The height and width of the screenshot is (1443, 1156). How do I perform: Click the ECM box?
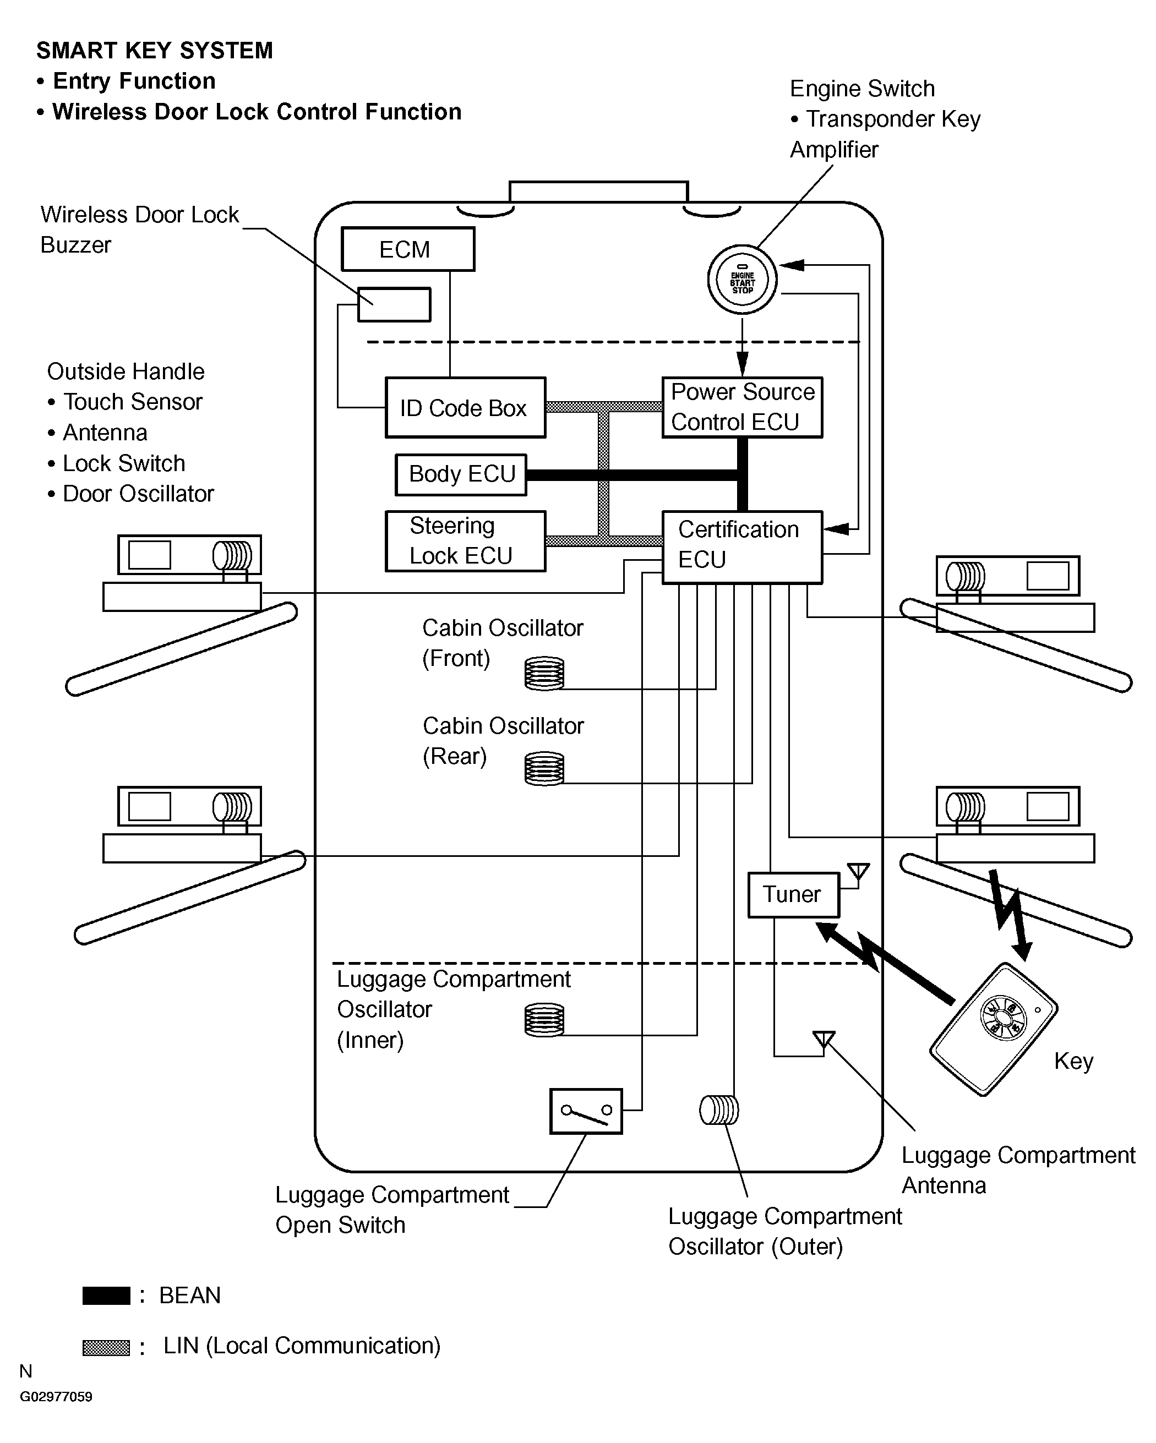[x=408, y=249]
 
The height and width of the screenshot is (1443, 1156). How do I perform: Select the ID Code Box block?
[x=465, y=408]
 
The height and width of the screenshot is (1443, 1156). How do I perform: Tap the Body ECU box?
[x=461, y=474]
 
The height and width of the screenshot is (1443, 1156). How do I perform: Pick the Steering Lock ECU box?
[x=465, y=541]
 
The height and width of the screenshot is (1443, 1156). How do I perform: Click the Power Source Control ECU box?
[x=741, y=407]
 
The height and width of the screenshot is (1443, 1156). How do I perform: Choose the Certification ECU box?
[x=741, y=547]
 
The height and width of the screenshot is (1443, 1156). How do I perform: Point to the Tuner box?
[x=793, y=894]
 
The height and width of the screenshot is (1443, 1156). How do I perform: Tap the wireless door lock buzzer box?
[x=394, y=304]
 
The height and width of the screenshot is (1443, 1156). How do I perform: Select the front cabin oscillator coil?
[x=544, y=673]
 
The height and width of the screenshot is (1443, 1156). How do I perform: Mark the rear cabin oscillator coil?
[x=544, y=768]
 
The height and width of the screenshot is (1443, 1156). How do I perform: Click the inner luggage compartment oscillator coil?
[x=544, y=1019]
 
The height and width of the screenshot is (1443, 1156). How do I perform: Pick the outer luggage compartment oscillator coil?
[x=719, y=1111]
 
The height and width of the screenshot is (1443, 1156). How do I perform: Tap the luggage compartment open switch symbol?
[x=586, y=1111]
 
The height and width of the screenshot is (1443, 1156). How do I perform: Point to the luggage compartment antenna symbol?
[x=824, y=1040]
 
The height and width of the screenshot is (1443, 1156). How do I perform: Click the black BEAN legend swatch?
[x=106, y=1295]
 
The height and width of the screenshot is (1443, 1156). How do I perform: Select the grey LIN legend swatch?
[x=106, y=1347]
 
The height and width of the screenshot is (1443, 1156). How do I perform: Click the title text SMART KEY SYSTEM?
[x=155, y=51]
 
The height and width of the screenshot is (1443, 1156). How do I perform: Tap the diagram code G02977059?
[x=56, y=1397]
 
